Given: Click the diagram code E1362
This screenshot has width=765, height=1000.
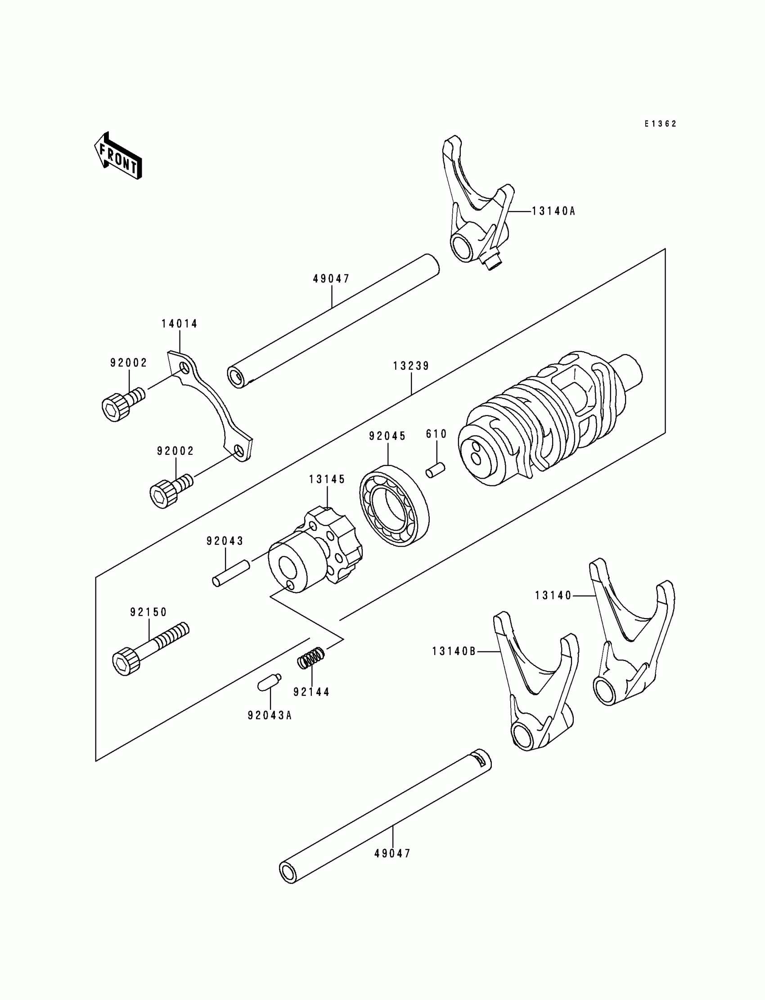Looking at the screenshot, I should tap(660, 124).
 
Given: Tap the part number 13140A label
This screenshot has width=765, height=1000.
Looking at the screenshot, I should tap(553, 211).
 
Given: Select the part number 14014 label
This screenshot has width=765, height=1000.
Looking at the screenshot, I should tap(180, 323).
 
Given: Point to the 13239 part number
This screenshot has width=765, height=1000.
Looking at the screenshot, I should tap(411, 366).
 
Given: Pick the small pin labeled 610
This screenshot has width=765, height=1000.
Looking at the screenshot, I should tap(436, 470).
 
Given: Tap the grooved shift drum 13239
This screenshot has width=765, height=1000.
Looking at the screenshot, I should tap(546, 419).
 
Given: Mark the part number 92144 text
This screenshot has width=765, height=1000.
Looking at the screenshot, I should tap(311, 692).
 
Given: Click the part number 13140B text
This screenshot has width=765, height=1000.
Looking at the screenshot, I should tap(454, 652).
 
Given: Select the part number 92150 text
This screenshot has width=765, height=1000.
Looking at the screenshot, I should tap(148, 612).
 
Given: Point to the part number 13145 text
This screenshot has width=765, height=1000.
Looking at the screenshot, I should tap(327, 479).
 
